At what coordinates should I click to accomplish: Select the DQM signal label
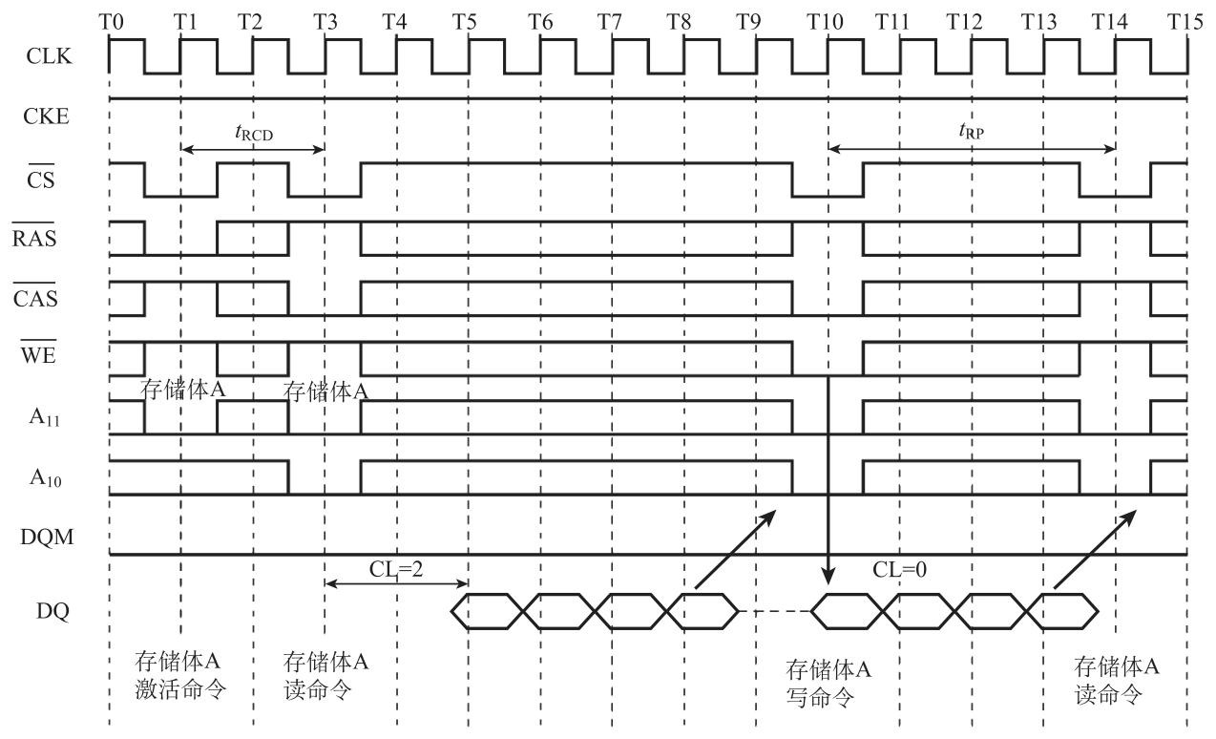coord(47,537)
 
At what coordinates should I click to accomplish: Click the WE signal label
coord(41,357)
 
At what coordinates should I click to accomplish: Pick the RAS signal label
coord(35,238)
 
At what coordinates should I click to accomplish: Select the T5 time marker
coord(466,21)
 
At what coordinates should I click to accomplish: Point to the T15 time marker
coord(1185,21)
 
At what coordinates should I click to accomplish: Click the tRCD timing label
coord(253,135)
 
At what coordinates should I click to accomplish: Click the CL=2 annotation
coord(396,570)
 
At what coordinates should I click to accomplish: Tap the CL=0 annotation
coord(900,570)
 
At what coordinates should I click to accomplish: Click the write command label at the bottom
coord(828,684)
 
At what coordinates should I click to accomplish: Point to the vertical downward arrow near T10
coord(828,477)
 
